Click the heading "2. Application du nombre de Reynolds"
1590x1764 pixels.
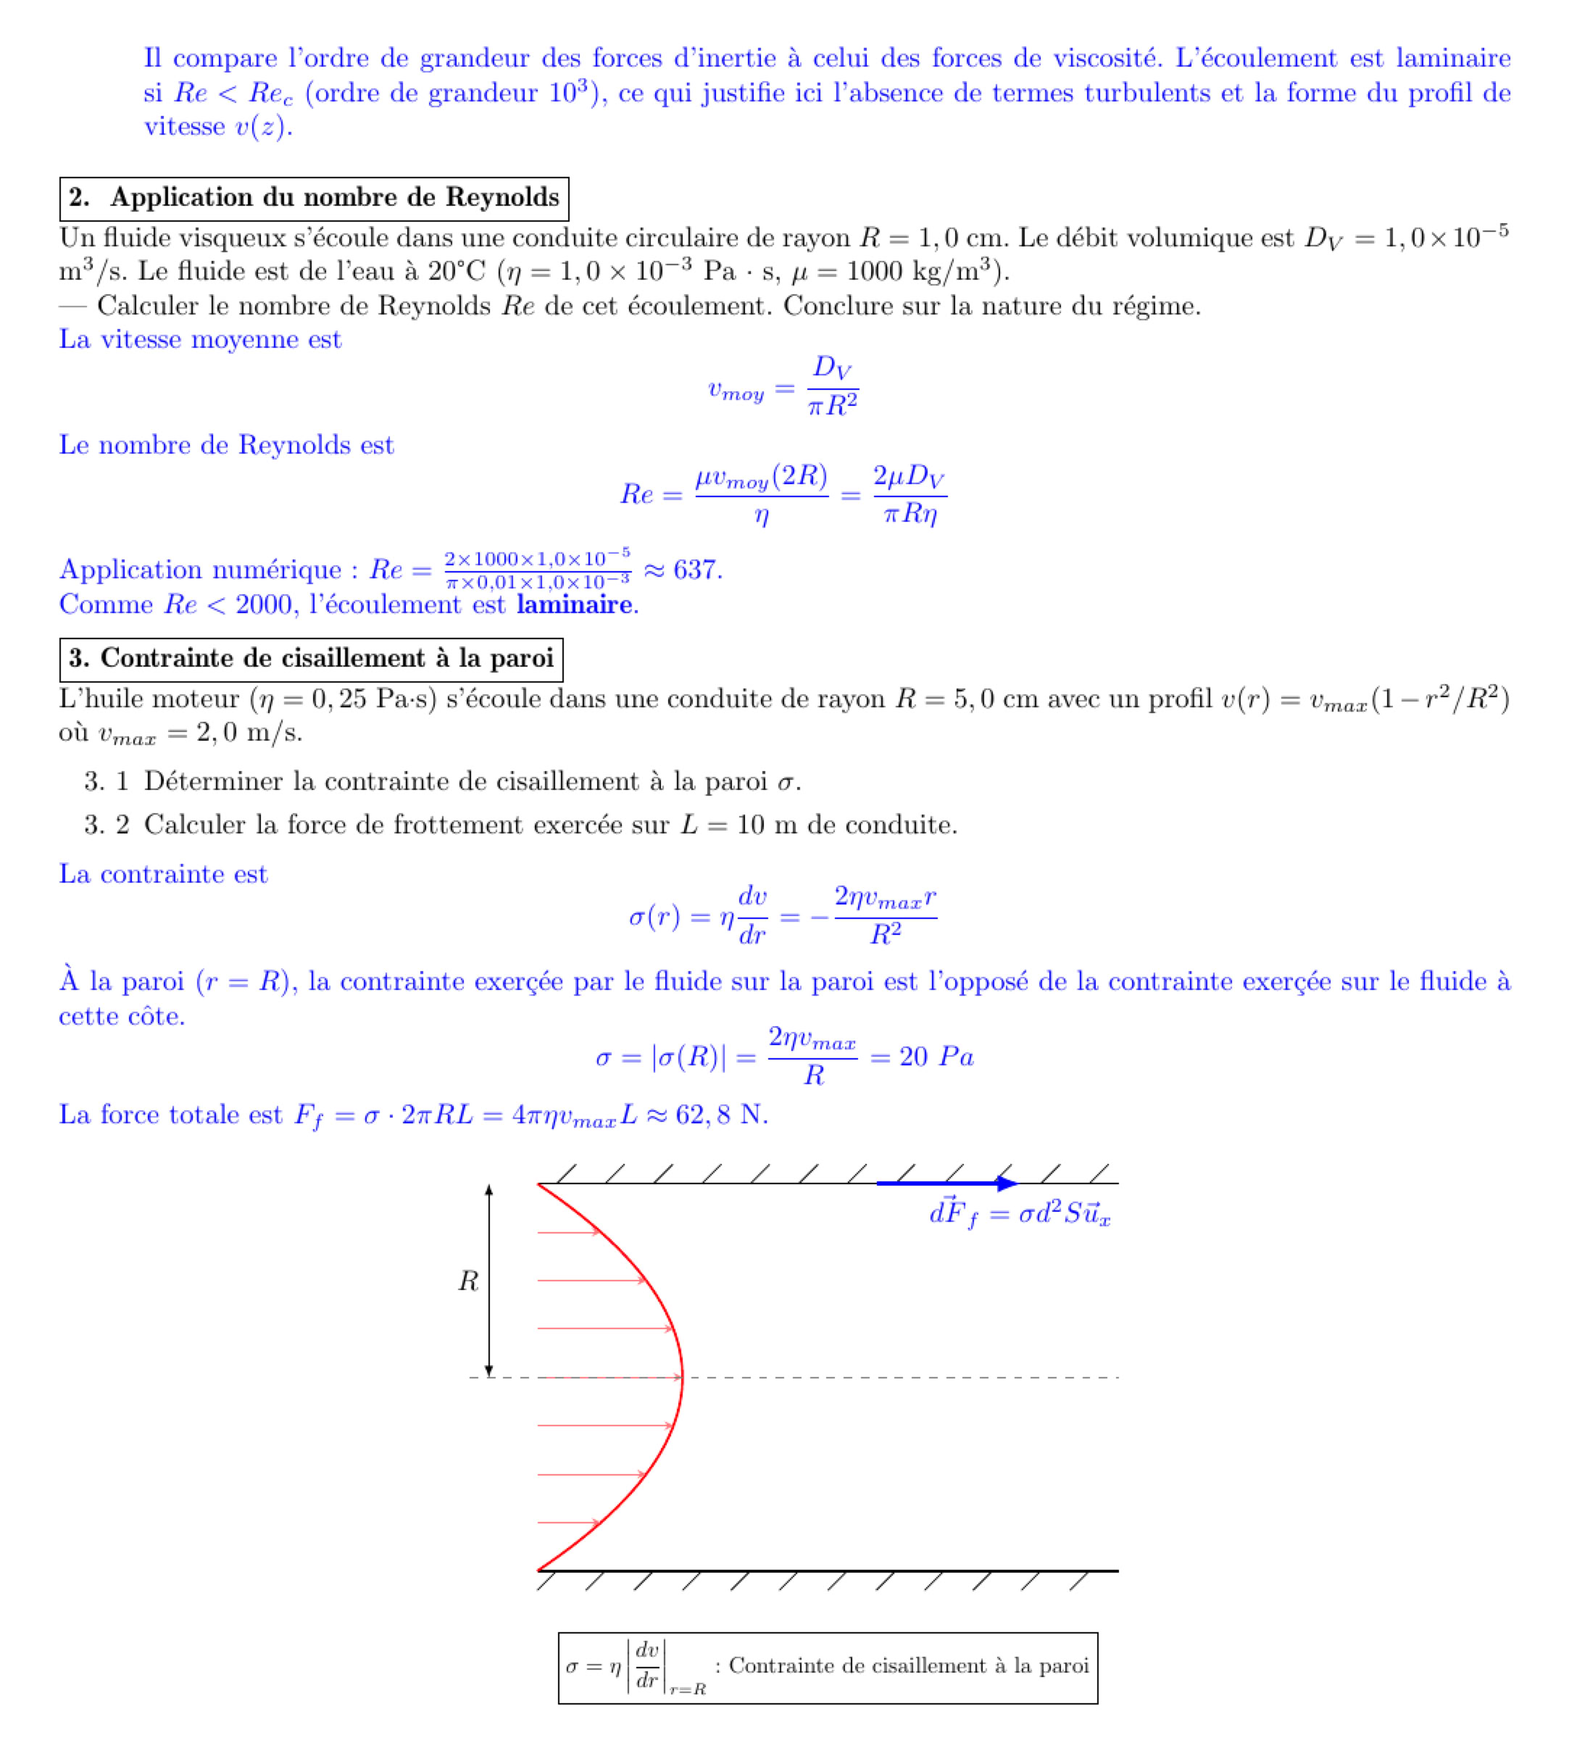pyautogui.click(x=314, y=199)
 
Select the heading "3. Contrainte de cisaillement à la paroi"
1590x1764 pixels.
pyautogui.click(x=311, y=660)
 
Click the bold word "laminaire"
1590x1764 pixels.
pyautogui.click(x=574, y=604)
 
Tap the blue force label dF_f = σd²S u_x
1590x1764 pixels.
pyautogui.click(x=1020, y=1215)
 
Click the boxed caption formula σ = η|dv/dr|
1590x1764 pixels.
pyautogui.click(x=635, y=1667)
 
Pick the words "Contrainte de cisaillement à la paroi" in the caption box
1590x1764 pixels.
pyautogui.click(x=909, y=1666)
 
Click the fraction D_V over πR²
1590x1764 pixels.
pyautogui.click(x=833, y=386)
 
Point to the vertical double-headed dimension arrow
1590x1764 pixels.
pyautogui.click(x=489, y=1281)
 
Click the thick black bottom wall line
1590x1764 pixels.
pyautogui.click(x=828, y=1571)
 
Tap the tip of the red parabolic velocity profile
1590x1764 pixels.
pyautogui.click(x=681, y=1378)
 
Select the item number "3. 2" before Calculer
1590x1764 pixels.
pyautogui.click(x=107, y=825)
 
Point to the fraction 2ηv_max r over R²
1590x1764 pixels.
pyautogui.click(x=885, y=915)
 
